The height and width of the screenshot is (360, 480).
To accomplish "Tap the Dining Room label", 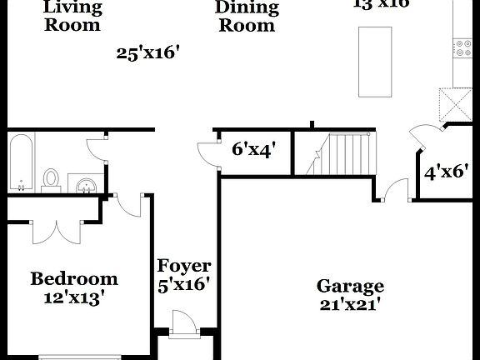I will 247,16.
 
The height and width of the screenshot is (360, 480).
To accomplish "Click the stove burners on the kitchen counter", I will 462,48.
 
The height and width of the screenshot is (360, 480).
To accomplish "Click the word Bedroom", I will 74,278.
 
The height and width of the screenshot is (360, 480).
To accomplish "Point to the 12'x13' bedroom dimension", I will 74,297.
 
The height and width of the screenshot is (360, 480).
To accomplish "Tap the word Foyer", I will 184,267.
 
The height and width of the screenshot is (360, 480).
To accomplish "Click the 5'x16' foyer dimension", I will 184,283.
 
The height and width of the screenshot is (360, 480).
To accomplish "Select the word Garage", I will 350,286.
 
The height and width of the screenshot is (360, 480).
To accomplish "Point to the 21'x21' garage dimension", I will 350,304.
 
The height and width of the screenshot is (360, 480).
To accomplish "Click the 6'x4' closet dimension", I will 253,150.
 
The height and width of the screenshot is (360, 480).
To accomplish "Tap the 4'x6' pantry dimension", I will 443,172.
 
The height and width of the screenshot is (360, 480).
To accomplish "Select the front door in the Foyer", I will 180,323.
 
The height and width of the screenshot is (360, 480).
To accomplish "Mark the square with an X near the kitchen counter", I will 457,104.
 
